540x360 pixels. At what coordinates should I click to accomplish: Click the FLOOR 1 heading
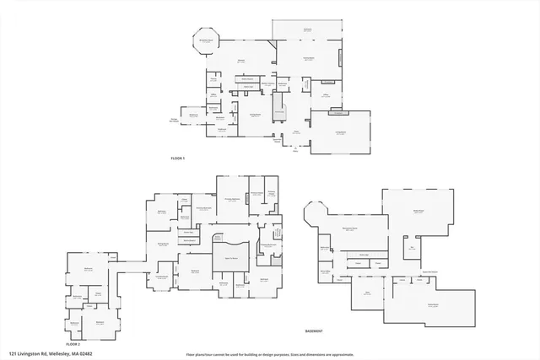(x=177, y=159)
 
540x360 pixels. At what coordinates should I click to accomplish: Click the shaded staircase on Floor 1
(x=280, y=112)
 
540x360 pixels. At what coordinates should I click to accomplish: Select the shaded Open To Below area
(x=229, y=257)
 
